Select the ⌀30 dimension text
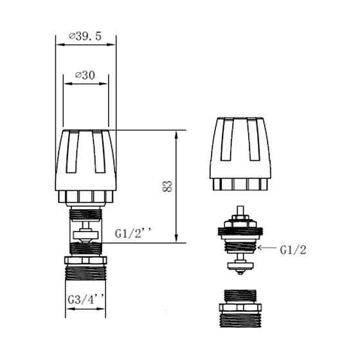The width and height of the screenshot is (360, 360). point(86,75)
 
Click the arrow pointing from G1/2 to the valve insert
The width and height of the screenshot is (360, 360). point(265,247)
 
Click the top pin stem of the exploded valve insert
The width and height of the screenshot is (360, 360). point(242,213)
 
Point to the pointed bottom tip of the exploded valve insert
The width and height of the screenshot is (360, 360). point(242,273)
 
